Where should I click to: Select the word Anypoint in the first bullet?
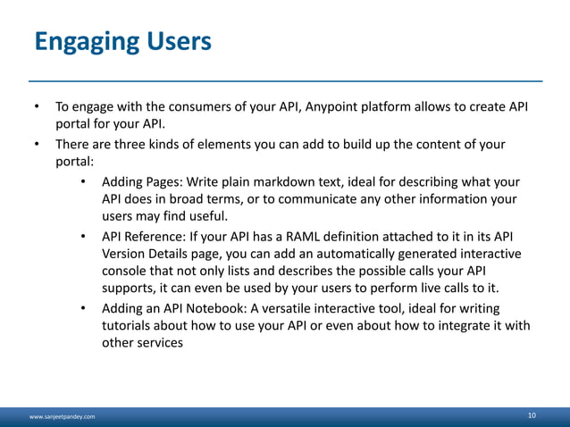[337, 108]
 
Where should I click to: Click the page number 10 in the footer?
[532, 415]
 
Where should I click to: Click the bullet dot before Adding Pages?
[82, 182]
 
